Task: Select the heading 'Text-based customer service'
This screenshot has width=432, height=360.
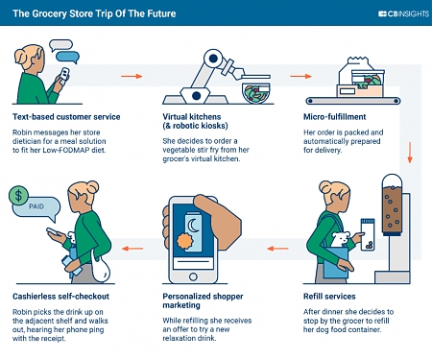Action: [65, 116]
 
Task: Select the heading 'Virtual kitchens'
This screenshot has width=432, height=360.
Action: [186, 116]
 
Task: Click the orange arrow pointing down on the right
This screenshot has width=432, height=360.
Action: [411, 151]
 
